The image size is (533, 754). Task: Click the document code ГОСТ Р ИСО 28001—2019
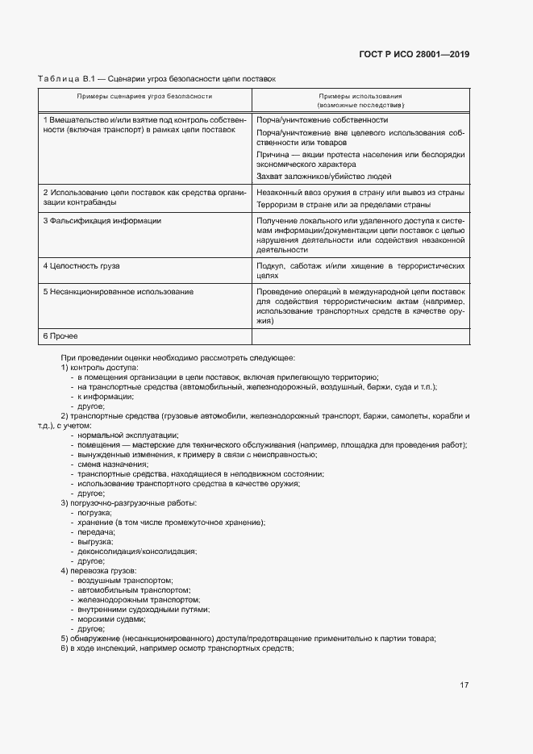click(x=414, y=55)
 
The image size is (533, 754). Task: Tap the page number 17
click(x=464, y=685)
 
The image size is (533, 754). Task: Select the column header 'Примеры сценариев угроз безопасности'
click(x=144, y=96)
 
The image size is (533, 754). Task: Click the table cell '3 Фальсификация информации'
click(x=102, y=221)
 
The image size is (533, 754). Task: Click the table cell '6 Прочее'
click(x=60, y=335)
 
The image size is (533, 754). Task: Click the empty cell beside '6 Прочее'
click(x=360, y=336)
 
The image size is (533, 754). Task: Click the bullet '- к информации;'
click(x=102, y=397)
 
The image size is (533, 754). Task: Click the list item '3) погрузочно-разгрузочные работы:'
click(x=128, y=503)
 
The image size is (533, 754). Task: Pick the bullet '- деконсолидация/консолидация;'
click(x=133, y=552)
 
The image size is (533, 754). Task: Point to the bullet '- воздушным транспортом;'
click(x=122, y=581)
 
